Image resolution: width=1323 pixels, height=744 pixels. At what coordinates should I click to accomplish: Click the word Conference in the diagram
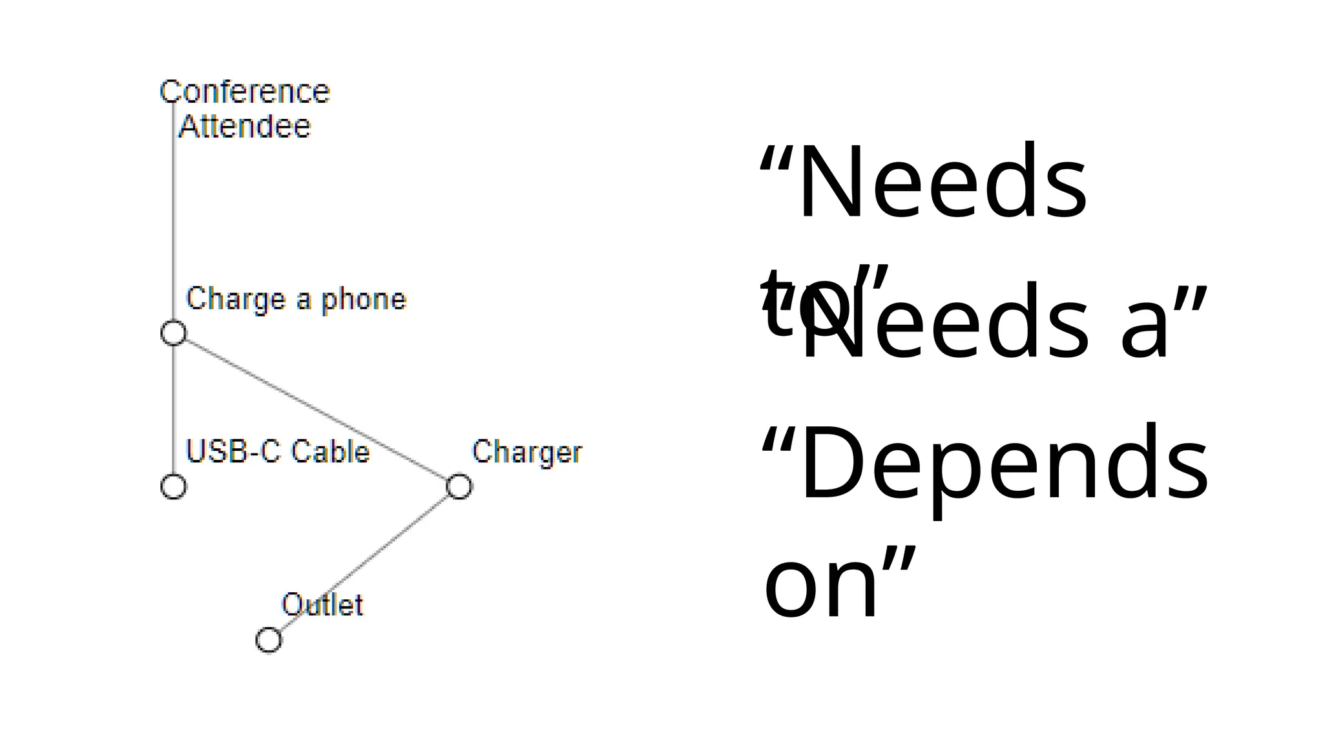point(245,92)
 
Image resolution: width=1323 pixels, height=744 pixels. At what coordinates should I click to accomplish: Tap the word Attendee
point(245,127)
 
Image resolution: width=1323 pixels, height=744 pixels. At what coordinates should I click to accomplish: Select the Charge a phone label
point(296,300)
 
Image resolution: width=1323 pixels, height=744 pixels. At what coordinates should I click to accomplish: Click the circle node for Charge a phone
point(173,333)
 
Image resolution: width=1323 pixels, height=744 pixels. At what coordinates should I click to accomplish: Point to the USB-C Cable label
point(278,451)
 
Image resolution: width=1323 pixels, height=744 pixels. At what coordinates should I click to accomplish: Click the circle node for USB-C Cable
point(173,487)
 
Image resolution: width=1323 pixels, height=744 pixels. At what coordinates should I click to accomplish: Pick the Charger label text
point(527,452)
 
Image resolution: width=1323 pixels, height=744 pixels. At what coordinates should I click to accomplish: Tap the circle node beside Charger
point(459,487)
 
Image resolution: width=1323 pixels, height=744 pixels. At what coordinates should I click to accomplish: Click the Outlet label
point(322,605)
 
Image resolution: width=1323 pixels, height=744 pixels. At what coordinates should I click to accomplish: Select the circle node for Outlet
point(269,640)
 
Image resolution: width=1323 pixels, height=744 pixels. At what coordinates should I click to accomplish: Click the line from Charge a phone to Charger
point(317,410)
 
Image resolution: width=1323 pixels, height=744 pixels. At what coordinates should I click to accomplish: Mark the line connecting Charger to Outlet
point(364,564)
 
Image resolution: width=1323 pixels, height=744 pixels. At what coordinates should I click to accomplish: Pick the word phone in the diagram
point(364,300)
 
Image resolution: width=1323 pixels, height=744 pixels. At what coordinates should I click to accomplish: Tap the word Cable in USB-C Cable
point(330,451)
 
